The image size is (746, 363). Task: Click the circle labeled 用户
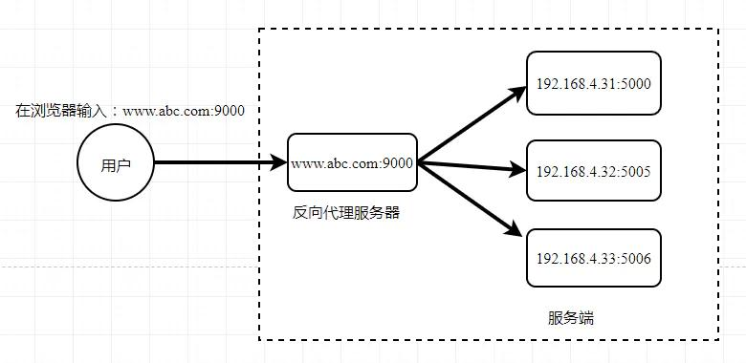click(x=115, y=163)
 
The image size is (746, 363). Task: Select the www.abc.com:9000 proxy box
click(x=352, y=163)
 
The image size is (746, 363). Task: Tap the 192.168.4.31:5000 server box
click(x=593, y=85)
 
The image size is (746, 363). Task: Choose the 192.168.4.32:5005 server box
click(x=593, y=172)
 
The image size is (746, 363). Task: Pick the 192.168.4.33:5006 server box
click(x=593, y=258)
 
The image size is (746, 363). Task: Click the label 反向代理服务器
click(x=345, y=212)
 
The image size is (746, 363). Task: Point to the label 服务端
click(x=571, y=318)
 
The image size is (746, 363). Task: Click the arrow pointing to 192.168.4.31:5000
click(x=469, y=125)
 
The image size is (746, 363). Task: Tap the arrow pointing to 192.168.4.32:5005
click(x=469, y=168)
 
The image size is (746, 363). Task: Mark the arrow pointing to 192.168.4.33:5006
click(x=469, y=199)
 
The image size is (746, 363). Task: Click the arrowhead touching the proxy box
click(x=278, y=163)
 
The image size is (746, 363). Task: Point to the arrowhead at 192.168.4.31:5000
click(x=518, y=93)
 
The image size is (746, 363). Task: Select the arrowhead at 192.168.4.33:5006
click(x=517, y=232)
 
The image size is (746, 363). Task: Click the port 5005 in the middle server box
click(x=634, y=172)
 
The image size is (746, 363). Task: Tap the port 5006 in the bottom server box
click(x=634, y=258)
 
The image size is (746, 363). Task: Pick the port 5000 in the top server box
click(x=634, y=85)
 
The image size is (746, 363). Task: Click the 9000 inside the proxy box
click(x=397, y=163)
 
